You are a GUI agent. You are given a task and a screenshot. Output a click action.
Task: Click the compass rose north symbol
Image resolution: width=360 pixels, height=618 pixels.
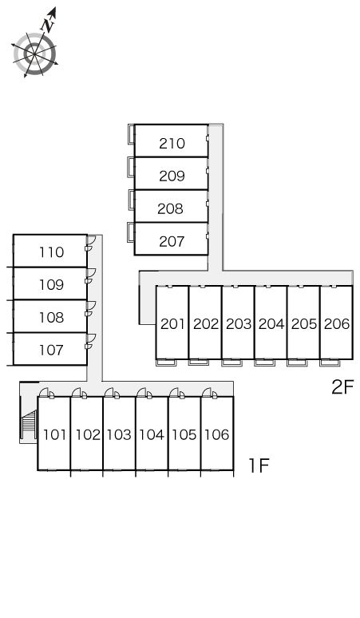[35, 42]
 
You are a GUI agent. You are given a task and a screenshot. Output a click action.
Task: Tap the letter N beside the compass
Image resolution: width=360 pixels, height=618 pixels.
[48, 26]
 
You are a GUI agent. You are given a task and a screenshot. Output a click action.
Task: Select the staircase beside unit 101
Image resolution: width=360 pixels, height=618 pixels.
[29, 426]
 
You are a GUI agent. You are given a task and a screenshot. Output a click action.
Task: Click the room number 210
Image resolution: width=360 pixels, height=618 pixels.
[172, 144]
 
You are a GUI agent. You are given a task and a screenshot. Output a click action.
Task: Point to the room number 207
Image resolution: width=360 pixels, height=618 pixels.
[172, 241]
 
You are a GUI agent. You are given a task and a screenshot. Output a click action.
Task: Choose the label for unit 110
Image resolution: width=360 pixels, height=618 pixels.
[51, 252]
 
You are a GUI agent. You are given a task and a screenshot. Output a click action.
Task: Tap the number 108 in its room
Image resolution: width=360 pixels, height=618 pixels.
[51, 317]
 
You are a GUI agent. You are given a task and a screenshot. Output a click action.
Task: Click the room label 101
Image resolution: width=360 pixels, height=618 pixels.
[54, 434]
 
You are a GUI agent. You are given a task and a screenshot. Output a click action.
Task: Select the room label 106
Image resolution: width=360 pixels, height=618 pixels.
[217, 434]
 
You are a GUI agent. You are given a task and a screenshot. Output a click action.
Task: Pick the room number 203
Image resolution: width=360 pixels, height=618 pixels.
[239, 323]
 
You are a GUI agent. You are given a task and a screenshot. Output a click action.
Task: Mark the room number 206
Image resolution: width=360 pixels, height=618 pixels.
[337, 323]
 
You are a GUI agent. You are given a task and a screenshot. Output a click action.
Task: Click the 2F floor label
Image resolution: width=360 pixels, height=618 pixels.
[342, 386]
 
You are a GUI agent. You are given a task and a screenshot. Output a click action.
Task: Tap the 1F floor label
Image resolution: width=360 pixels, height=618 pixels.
[259, 465]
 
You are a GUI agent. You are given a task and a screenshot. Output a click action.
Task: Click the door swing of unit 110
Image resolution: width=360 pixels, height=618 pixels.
[91, 240]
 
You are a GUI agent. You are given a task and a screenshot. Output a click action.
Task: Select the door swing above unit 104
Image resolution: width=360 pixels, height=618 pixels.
[141, 392]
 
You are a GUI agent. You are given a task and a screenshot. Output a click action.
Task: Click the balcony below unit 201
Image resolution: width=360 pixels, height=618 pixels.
[166, 362]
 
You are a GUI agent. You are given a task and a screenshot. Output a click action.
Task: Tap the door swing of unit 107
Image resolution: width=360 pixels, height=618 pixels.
[91, 338]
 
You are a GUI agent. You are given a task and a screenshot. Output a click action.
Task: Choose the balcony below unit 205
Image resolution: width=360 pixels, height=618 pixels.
[297, 362]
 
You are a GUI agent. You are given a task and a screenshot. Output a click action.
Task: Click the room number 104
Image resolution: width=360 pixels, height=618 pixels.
[152, 434]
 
